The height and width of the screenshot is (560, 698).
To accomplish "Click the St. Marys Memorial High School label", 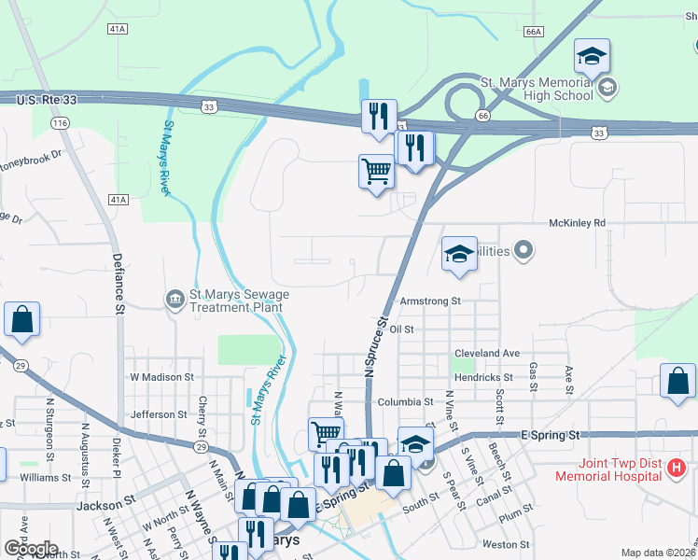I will coord(536,89).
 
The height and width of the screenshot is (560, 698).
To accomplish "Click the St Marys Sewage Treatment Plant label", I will coord(239,301).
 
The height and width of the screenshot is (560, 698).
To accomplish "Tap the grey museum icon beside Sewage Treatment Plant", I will coord(174,300).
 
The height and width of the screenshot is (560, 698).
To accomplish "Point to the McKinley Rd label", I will coord(576,223).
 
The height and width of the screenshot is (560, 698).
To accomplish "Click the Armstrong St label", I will coord(430,301).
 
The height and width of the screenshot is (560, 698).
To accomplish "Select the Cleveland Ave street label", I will coord(486,354).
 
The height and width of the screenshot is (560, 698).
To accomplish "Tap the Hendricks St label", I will coord(486,377).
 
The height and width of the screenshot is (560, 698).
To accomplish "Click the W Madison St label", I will coord(161,377).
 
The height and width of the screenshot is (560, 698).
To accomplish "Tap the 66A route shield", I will coord(533,32).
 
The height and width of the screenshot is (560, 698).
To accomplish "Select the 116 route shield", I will coord(61,123).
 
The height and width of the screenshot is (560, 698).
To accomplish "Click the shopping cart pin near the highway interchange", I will coord(376,172).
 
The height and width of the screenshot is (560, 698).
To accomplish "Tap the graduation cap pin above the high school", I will coord(592,58).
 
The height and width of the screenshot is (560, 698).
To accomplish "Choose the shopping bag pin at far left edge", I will coord(22,319).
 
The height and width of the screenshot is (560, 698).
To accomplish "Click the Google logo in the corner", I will coord(30,548).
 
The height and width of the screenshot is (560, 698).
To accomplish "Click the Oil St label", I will coord(402,329).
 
